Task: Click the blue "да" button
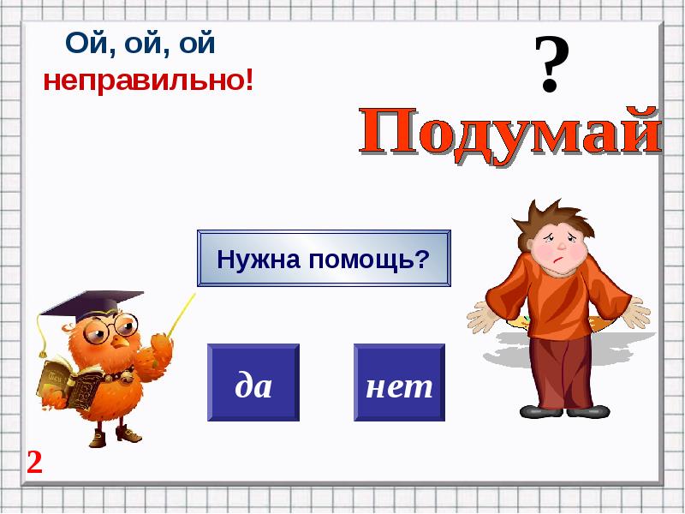coord(253,382)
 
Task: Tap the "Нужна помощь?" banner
coord(324,259)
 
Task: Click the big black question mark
coord(551,63)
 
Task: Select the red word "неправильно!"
coord(148,81)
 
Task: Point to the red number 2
coord(34,462)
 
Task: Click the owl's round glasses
coord(111,328)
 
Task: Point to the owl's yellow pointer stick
coord(181,314)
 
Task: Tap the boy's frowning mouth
coord(557,261)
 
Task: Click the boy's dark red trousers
coord(563,372)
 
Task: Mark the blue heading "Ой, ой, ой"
coord(140,44)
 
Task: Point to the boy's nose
coord(562,246)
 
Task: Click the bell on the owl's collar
coord(128,377)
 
